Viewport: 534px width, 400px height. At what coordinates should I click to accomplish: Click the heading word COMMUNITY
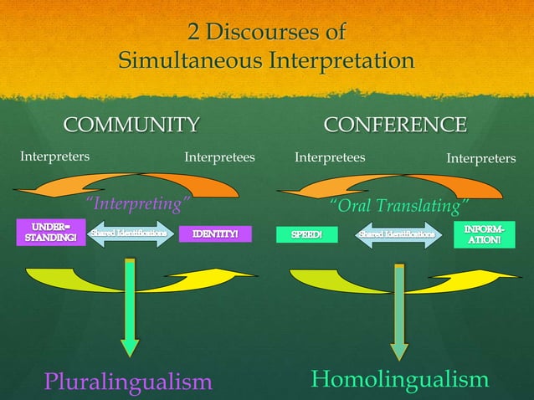click(x=132, y=126)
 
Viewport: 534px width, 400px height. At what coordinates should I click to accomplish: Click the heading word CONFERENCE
click(x=395, y=126)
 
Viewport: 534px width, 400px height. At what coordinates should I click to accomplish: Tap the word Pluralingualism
click(x=128, y=382)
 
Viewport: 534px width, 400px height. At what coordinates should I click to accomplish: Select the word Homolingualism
click(x=399, y=379)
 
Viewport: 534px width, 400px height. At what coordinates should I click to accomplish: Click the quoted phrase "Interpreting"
click(x=138, y=204)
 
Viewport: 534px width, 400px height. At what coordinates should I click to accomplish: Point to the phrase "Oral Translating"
click(x=398, y=206)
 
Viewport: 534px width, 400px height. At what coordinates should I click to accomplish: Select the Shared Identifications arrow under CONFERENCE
click(x=397, y=235)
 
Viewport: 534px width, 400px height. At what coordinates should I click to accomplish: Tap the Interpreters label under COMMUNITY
click(x=55, y=156)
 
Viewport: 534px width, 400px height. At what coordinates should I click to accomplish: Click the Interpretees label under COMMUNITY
click(x=219, y=156)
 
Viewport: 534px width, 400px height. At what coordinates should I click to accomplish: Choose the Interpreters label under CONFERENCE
click(x=480, y=158)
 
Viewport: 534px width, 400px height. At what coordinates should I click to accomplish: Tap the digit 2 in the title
click(x=194, y=33)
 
